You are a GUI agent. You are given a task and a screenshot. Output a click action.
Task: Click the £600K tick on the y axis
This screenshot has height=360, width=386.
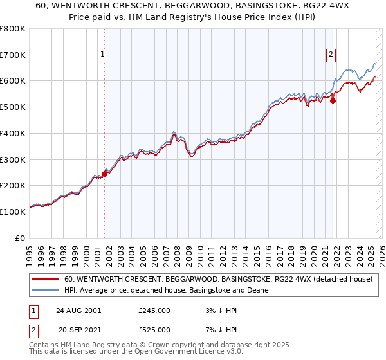[13, 80]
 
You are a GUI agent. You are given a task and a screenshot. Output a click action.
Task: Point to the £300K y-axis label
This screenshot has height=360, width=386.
[13, 159]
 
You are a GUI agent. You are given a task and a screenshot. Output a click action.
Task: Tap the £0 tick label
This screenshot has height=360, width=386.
[21, 238]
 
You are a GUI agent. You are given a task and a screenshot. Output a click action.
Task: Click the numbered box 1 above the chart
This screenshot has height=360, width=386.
[104, 55]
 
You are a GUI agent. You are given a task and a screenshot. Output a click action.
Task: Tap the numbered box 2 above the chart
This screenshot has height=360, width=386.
[331, 55]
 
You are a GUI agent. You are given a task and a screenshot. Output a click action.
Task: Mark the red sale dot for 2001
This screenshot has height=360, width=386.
[104, 172]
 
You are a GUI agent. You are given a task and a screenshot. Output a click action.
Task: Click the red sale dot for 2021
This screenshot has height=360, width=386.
[333, 100]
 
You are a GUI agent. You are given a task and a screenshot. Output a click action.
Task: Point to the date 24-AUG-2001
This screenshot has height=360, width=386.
[78, 310]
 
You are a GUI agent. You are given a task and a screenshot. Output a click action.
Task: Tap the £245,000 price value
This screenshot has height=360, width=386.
[154, 310]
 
